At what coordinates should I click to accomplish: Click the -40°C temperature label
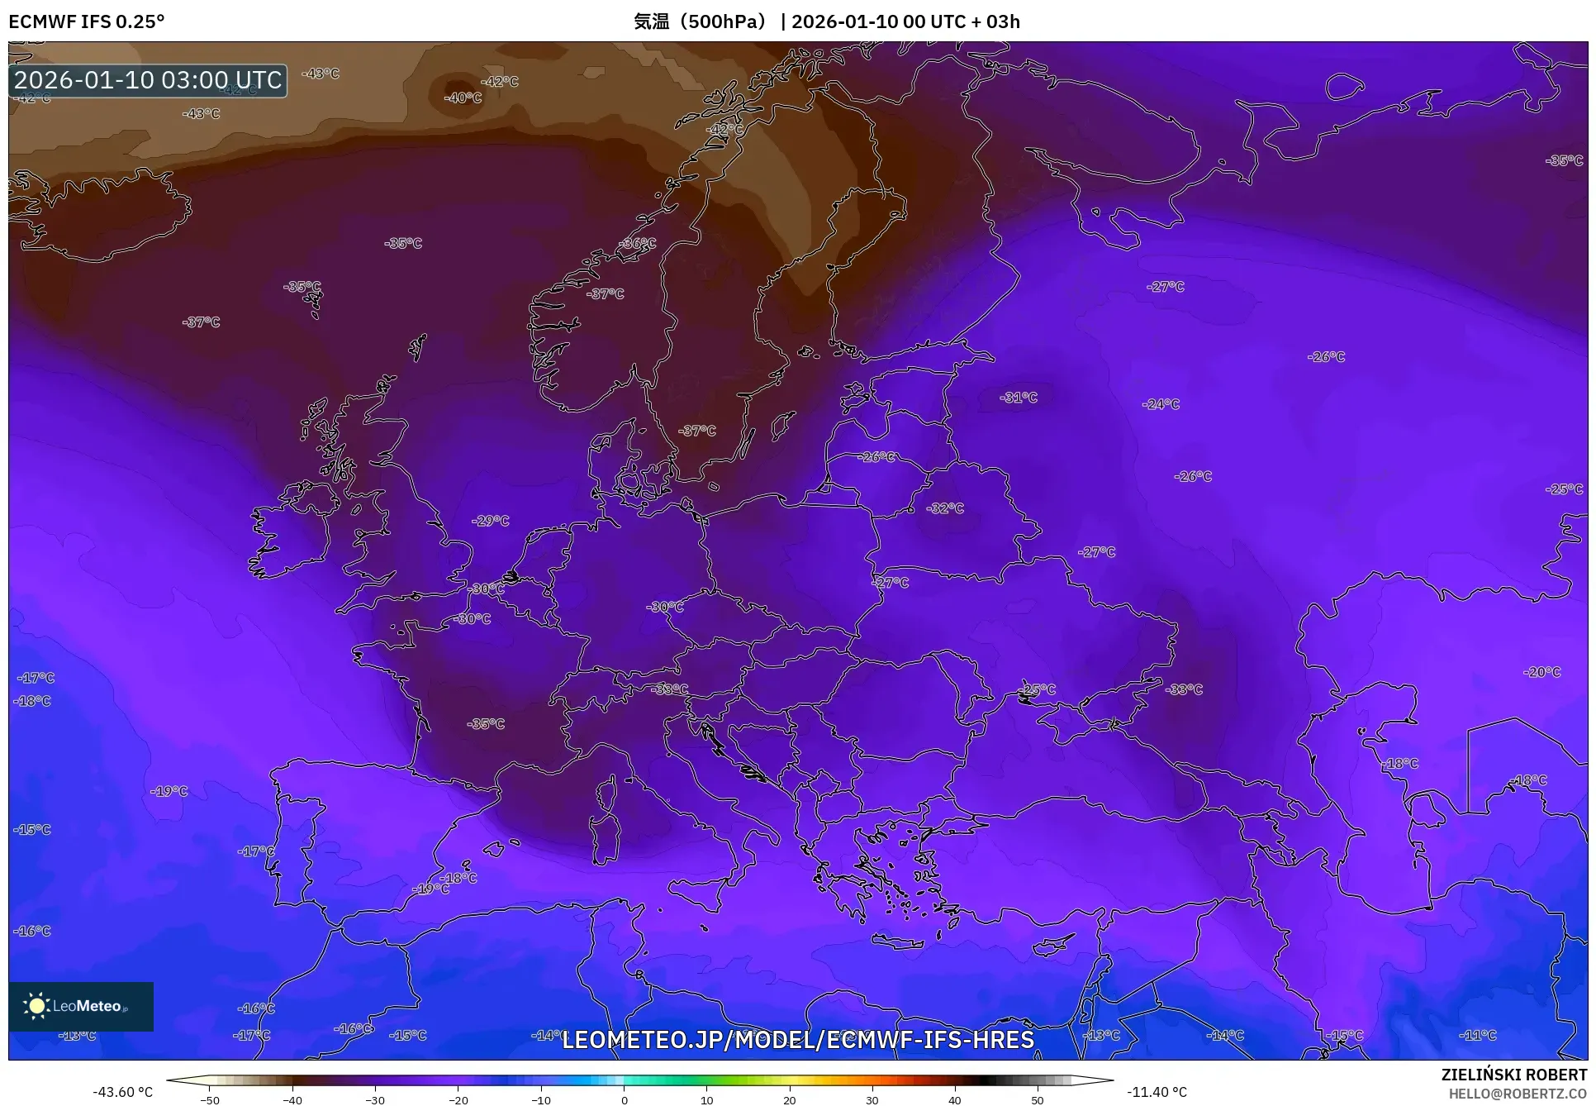click(463, 98)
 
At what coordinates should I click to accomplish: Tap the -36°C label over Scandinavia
click(638, 243)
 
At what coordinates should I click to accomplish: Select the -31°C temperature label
click(1019, 398)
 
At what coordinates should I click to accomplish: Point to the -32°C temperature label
click(945, 508)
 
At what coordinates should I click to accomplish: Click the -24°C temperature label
click(1161, 404)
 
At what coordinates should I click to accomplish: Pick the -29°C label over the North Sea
click(491, 521)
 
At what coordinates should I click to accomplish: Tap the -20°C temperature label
click(1542, 672)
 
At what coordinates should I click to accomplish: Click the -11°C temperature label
click(1478, 1035)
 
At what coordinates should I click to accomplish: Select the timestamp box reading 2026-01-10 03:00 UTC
click(148, 80)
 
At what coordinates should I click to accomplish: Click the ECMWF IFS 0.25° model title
click(87, 21)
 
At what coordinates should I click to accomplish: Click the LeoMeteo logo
click(81, 1006)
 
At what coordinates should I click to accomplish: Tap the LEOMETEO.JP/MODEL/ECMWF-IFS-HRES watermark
click(797, 1039)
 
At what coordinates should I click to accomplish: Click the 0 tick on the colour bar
click(624, 1099)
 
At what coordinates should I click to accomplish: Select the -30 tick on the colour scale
click(375, 1099)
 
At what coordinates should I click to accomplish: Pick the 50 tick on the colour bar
click(1038, 1099)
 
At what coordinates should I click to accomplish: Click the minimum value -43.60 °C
click(122, 1092)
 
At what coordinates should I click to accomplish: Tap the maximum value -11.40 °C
click(1157, 1092)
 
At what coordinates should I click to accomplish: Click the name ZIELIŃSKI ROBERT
click(1513, 1075)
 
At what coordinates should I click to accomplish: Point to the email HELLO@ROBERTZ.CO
click(1518, 1094)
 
